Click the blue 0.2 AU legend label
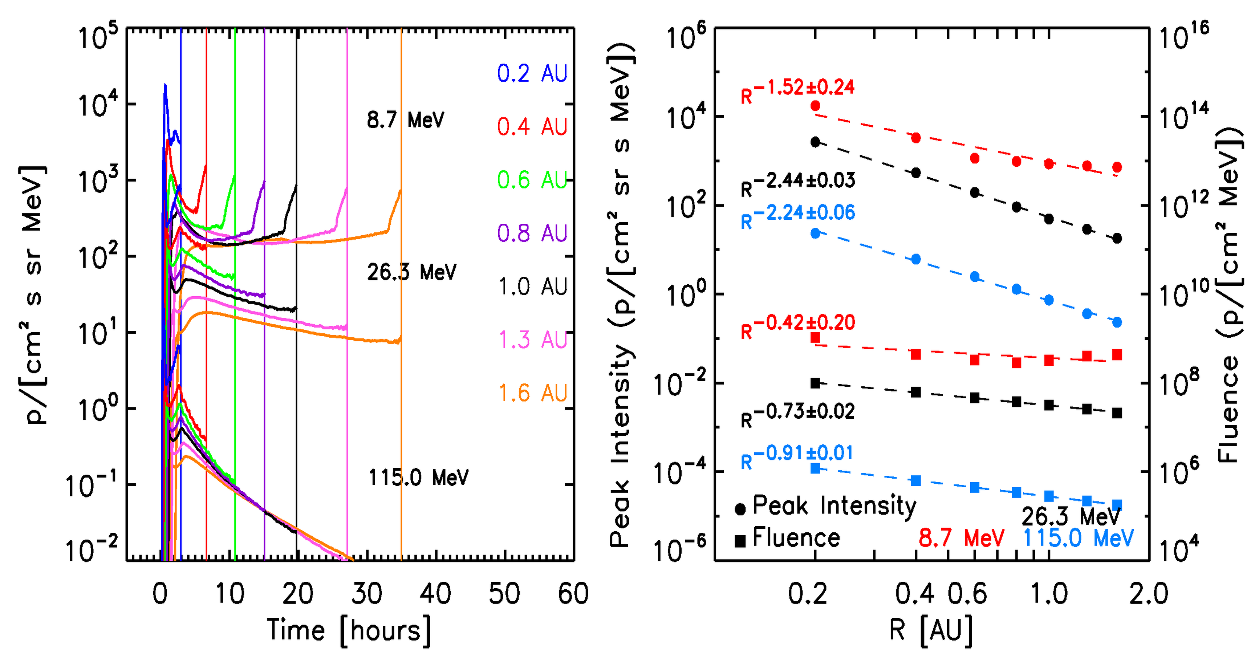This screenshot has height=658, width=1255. [x=532, y=74]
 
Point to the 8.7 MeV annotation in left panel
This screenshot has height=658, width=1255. [x=405, y=120]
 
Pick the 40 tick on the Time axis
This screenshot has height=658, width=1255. [x=435, y=594]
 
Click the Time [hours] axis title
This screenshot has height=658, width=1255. [x=349, y=630]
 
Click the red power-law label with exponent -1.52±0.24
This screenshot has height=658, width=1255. [x=797, y=90]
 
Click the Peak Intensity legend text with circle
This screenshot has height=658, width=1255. [x=834, y=505]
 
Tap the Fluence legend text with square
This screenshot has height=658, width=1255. [x=796, y=538]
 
